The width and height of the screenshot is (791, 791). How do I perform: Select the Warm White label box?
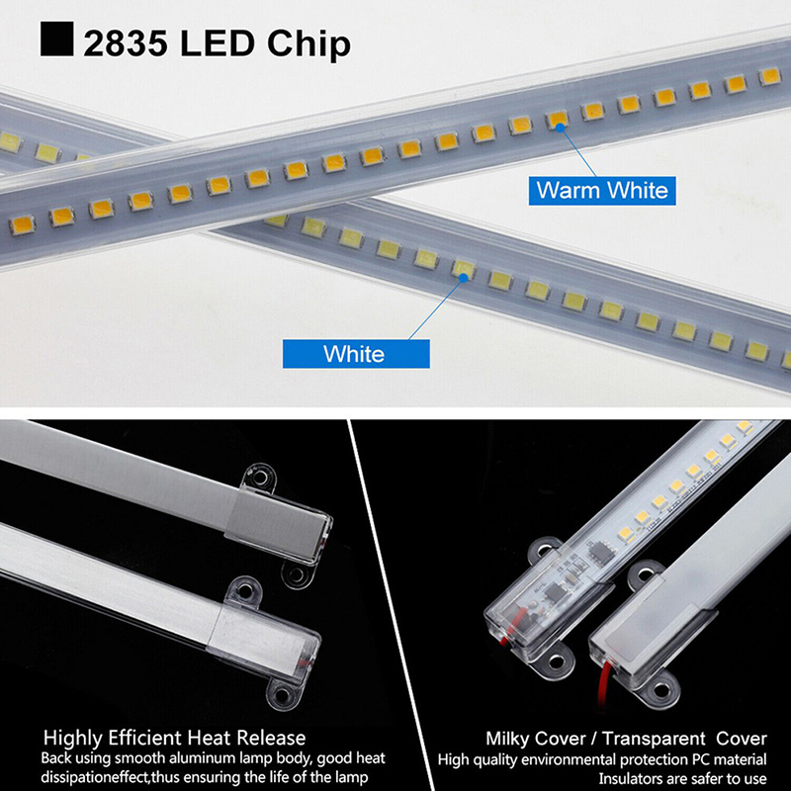pyautogui.click(x=602, y=189)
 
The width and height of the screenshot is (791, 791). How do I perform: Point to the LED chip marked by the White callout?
pyautogui.click(x=462, y=269)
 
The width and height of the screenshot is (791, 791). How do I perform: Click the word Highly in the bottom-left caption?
pyautogui.click(x=74, y=738)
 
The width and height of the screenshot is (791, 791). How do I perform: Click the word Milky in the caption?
pyautogui.click(x=511, y=739)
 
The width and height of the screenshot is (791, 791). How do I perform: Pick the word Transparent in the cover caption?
pyautogui.click(x=651, y=739)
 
